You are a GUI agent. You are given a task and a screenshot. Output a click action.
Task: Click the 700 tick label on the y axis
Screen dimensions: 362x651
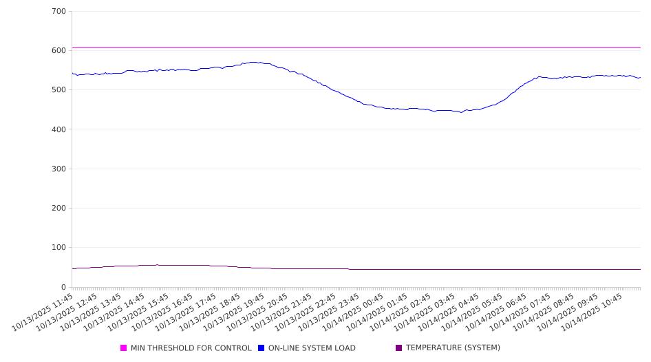58,12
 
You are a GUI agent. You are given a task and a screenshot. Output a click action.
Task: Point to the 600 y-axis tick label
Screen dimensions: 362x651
58,51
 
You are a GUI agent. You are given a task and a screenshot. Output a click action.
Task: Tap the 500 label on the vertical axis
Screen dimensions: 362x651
58,90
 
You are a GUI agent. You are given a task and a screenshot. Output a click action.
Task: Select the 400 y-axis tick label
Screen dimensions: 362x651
58,129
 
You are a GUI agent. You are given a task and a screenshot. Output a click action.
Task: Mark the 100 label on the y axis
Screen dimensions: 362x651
58,248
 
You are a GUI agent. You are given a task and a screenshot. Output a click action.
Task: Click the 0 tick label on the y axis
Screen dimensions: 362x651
63,287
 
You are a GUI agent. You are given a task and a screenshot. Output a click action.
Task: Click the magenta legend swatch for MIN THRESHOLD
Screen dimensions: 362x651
124,348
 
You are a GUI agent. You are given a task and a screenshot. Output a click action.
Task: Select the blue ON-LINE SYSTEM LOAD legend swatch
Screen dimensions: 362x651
262,348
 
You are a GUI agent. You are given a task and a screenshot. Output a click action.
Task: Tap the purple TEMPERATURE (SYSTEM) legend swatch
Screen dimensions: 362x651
399,348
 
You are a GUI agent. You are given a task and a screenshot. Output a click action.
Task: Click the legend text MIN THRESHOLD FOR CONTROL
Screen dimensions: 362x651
191,348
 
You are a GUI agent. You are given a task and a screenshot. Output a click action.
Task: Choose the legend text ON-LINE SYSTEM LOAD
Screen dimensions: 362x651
312,348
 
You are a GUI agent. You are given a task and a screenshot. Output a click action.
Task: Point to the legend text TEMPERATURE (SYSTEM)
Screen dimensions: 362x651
453,348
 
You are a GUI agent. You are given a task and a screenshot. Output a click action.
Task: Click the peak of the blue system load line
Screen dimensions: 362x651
255,62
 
